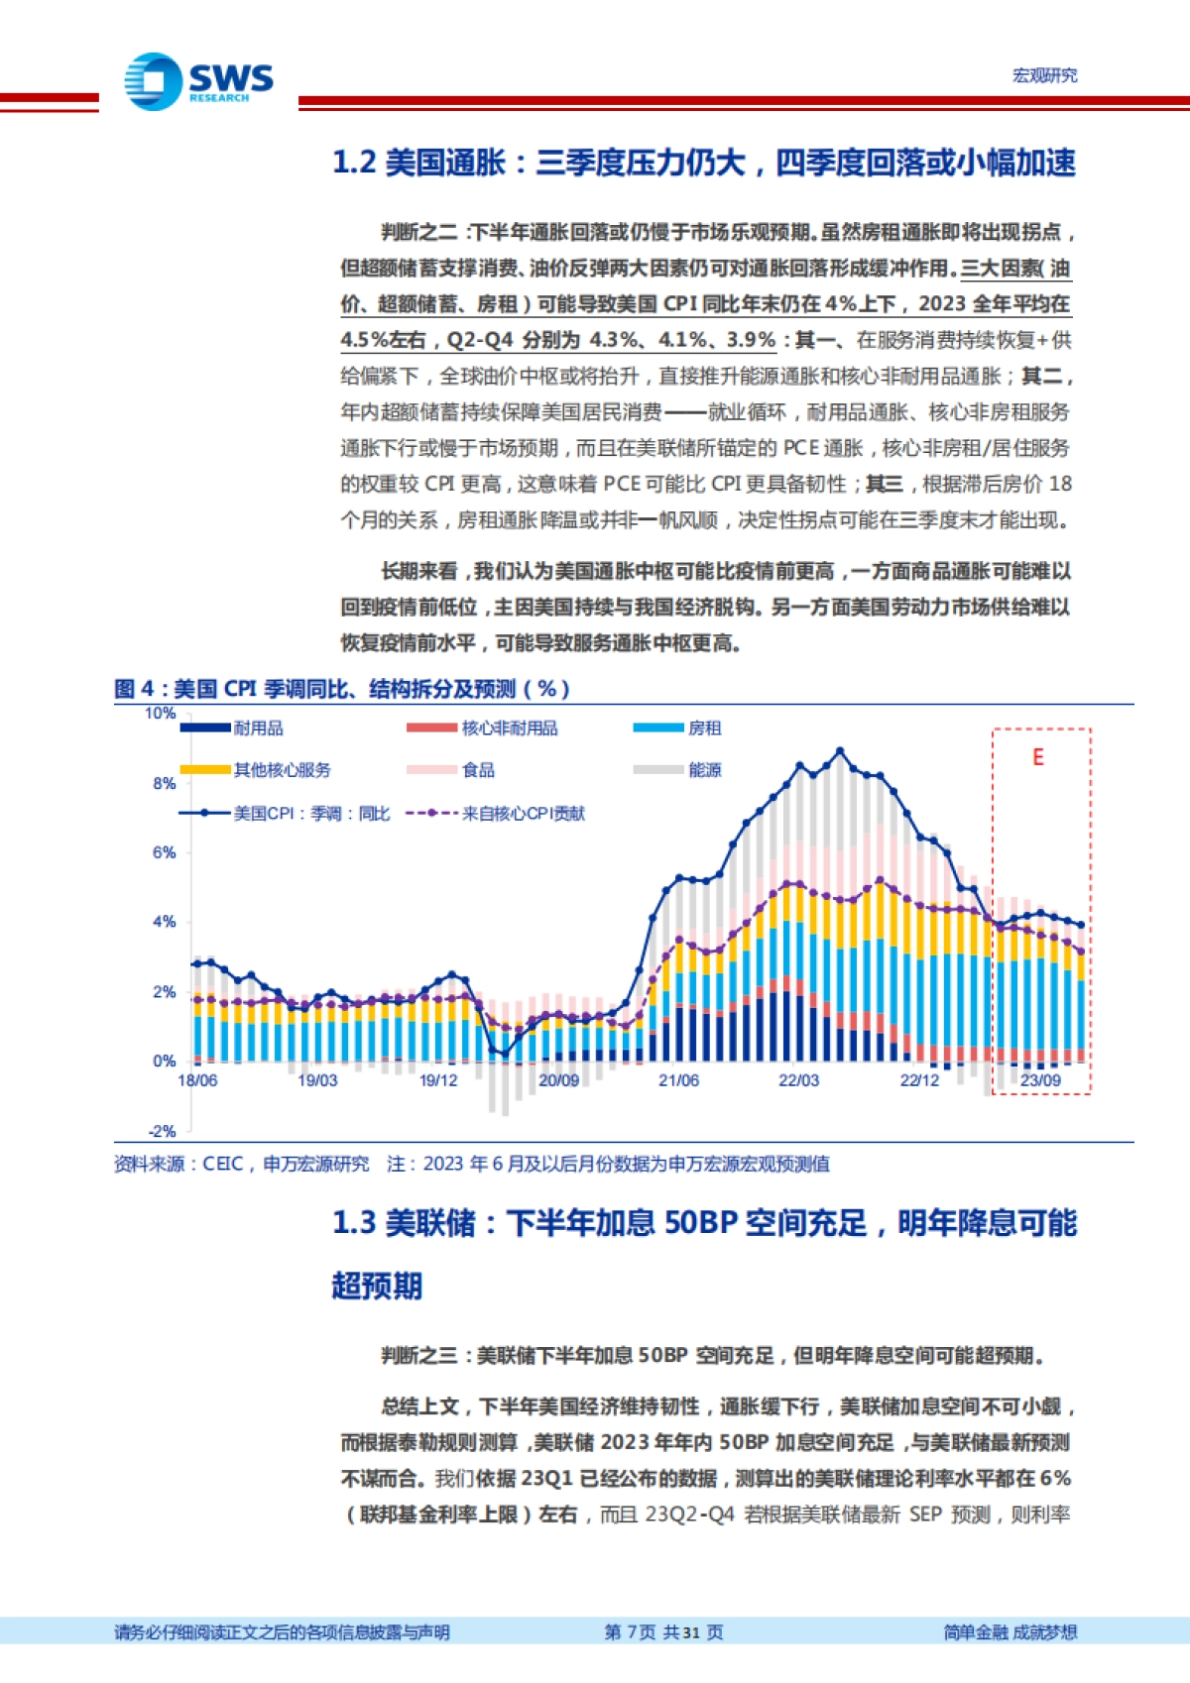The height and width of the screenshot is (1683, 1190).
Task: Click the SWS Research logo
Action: click(198, 80)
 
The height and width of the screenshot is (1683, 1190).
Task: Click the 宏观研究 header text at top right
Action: click(1044, 75)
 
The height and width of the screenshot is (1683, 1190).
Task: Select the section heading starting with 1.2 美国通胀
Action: click(703, 163)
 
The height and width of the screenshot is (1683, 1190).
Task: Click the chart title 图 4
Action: click(341, 689)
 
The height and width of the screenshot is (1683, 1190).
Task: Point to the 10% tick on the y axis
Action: click(161, 714)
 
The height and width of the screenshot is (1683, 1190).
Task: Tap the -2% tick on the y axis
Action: click(162, 1131)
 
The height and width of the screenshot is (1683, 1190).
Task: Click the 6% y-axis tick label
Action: click(164, 852)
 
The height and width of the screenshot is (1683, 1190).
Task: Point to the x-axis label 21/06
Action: click(678, 1080)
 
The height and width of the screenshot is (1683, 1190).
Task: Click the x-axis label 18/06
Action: click(197, 1080)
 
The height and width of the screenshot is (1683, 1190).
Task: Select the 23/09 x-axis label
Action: click(1040, 1080)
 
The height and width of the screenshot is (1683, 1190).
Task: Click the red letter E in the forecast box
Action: click(1038, 757)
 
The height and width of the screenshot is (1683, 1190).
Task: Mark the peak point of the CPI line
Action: click(840, 751)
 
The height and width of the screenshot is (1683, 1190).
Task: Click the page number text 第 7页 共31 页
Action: click(663, 1632)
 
